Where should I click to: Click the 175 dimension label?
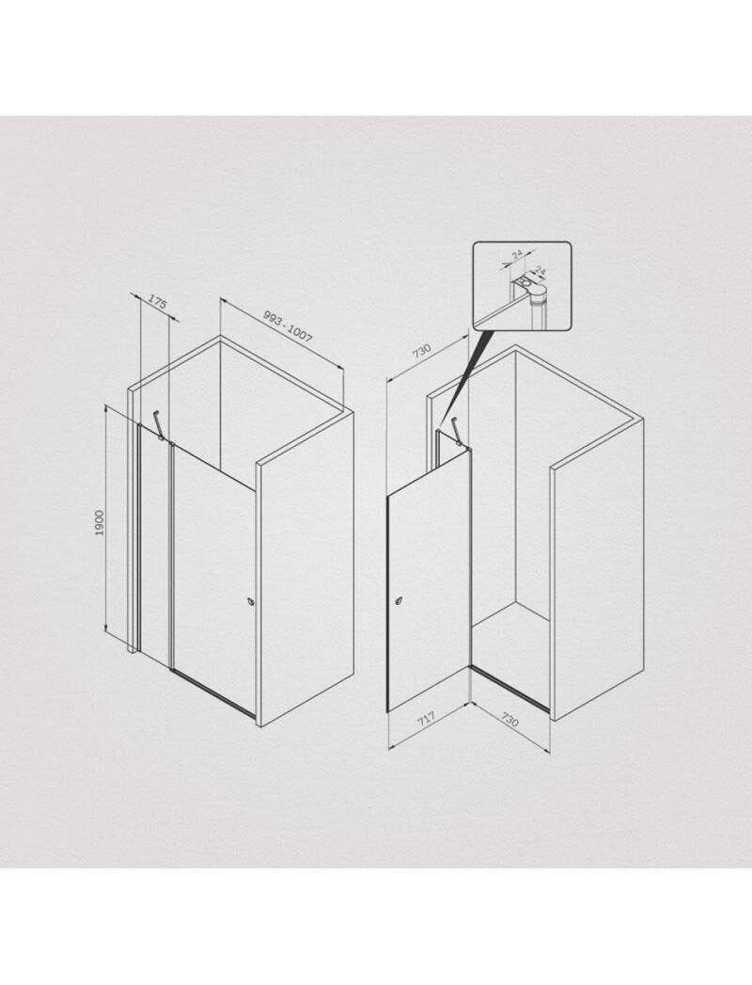(157, 303)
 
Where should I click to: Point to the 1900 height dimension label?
(99, 523)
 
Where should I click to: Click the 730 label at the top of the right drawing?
(421, 350)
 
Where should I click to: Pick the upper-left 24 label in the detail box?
(516, 254)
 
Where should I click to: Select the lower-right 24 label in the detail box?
(539, 271)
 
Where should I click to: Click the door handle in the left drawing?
(252, 600)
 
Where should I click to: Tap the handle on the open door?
(399, 602)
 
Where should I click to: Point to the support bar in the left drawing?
(160, 423)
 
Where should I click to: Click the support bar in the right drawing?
(460, 432)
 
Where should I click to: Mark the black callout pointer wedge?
(463, 376)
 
